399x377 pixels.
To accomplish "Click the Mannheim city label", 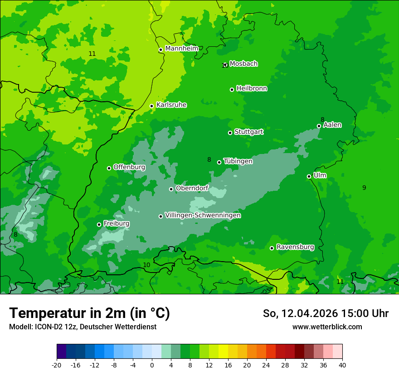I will (x=182, y=49).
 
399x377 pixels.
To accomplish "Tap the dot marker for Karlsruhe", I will (x=151, y=106).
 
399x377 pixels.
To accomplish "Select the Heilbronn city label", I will (x=252, y=89).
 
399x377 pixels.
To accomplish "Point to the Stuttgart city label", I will (x=248, y=132).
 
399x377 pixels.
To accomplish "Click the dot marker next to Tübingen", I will (x=219, y=162).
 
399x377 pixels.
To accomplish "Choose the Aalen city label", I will (x=332, y=125).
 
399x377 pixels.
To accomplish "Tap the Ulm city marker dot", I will (x=309, y=176).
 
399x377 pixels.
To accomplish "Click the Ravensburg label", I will (x=295, y=247).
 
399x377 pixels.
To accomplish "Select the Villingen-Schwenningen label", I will (x=203, y=215).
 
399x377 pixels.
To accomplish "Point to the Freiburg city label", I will (x=117, y=223).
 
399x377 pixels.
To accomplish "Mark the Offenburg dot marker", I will (x=109, y=168).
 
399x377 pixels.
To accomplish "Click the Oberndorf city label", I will (x=192, y=188).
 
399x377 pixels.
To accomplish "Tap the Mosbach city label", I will (x=243, y=64).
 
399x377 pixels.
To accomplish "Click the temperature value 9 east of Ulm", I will (x=364, y=188).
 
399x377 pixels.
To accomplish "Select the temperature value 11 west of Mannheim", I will (x=92, y=54).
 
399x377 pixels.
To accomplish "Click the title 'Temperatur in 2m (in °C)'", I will (x=89, y=313).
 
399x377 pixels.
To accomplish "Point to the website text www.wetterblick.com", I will (x=327, y=327).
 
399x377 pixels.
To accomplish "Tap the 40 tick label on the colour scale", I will (x=342, y=365).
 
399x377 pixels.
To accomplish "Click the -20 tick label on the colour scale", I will (x=57, y=365).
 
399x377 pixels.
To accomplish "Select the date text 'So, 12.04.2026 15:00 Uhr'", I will (x=326, y=313).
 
